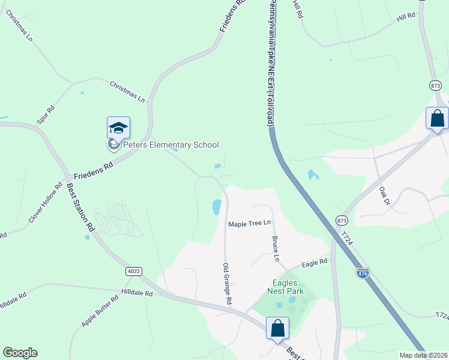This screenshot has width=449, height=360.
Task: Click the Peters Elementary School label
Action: [x=170, y=145]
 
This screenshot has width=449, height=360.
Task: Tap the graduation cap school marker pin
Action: [x=118, y=128]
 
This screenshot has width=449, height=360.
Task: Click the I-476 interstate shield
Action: [x=363, y=272]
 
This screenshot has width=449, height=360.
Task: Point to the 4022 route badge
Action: [x=134, y=271]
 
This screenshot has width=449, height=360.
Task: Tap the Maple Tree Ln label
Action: [x=249, y=223]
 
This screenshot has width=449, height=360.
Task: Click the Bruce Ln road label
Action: [x=276, y=248]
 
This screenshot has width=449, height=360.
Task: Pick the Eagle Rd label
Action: [x=315, y=262]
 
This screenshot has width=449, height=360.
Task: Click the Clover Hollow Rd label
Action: [x=46, y=203]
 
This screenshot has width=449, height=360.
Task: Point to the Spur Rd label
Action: [x=46, y=115]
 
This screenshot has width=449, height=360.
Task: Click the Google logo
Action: [x=20, y=353]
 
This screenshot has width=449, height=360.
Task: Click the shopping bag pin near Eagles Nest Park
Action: [x=277, y=328]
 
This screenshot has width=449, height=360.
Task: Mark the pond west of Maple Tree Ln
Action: [x=216, y=207]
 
